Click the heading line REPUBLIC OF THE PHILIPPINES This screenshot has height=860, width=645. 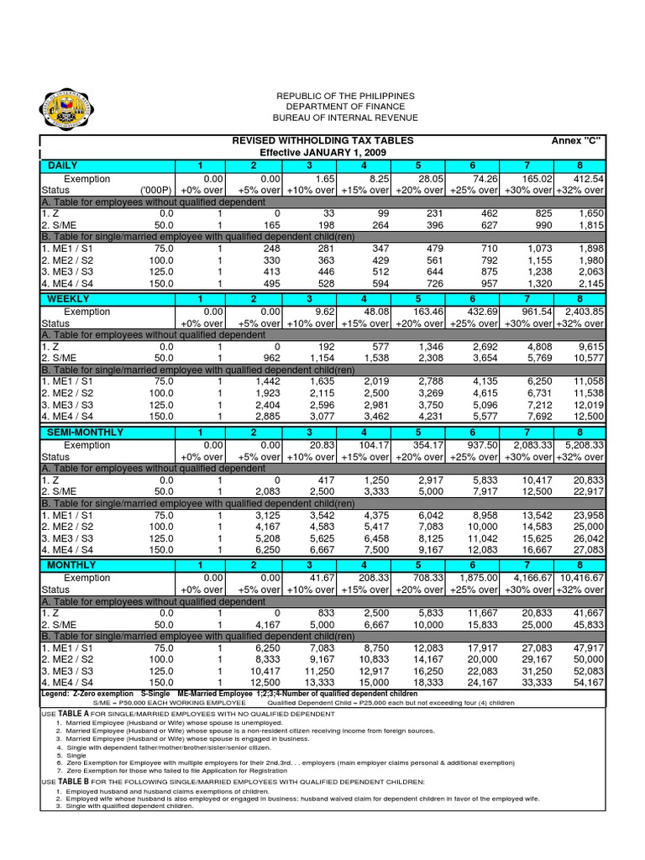[x=322, y=97]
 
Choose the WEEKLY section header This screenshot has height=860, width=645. [x=69, y=299]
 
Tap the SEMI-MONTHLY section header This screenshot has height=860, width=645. [x=86, y=432]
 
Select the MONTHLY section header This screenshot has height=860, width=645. [x=72, y=565]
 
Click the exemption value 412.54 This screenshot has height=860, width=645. [x=587, y=179]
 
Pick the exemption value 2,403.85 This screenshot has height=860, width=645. [x=582, y=312]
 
